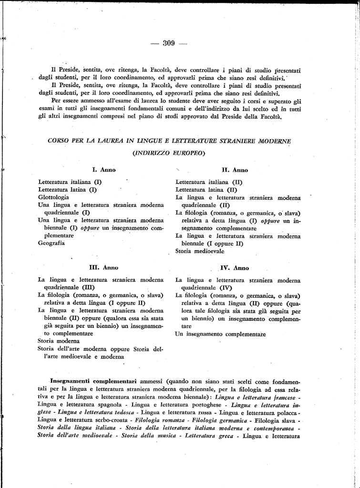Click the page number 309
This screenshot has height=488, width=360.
[169, 43]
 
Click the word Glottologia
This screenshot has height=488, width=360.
[53, 197]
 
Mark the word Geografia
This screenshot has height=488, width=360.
[51, 243]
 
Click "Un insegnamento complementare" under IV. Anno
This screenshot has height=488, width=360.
[220, 334]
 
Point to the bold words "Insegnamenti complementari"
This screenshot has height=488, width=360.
[93, 382]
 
